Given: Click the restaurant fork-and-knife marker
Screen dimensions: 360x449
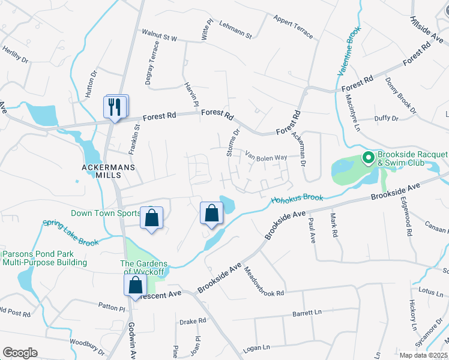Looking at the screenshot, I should [116, 107].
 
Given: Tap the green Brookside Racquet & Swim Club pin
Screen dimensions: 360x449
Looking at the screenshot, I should [368, 159].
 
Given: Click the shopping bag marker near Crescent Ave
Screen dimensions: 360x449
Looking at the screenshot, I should [136, 284].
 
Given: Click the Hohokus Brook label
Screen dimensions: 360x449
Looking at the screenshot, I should [297, 199].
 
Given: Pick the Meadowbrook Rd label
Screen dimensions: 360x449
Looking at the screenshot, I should [264, 283].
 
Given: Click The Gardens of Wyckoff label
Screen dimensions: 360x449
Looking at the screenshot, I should [143, 268].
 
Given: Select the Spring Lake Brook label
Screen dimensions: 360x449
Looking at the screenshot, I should [71, 232].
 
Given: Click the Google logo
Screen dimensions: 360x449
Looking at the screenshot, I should [20, 353].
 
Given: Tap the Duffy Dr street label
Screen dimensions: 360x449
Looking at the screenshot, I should [386, 119].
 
